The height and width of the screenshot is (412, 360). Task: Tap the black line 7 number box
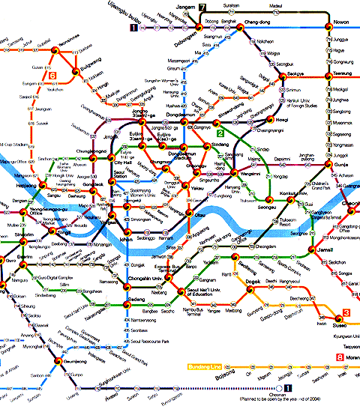pos(202,7)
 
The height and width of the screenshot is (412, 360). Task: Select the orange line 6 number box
pos(52,76)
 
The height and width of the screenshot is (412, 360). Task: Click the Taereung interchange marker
pos(328,73)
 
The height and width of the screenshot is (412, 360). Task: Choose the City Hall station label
pos(122,163)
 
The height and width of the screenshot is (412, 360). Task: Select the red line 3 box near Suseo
pos(346,312)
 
